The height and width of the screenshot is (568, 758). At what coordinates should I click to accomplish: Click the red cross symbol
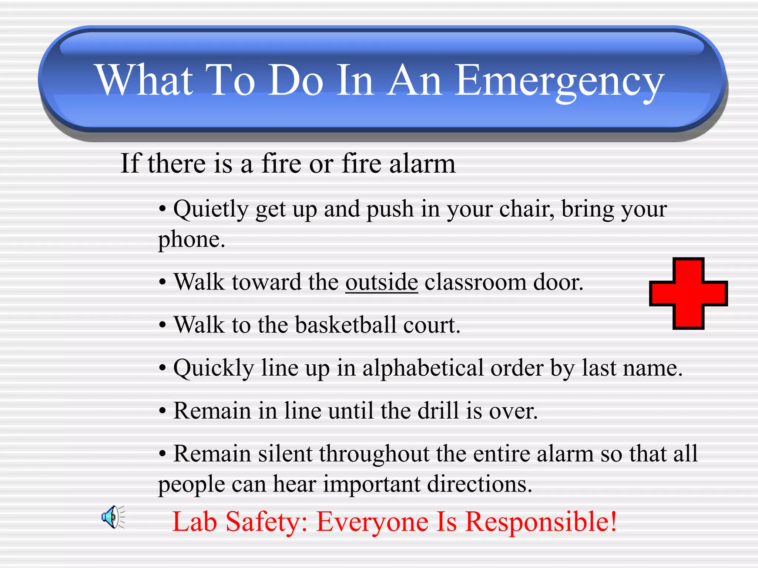point(688,294)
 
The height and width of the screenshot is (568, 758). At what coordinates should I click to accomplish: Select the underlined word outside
point(382,283)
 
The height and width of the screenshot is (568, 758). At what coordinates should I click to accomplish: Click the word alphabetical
point(423,368)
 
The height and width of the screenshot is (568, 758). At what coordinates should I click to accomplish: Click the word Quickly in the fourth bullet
point(214,368)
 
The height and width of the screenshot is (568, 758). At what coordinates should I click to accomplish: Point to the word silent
point(285,454)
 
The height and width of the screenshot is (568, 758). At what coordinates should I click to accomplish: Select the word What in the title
point(145,80)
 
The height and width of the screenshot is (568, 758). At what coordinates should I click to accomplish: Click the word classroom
point(475,283)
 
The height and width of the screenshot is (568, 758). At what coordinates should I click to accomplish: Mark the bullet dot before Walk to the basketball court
point(162,326)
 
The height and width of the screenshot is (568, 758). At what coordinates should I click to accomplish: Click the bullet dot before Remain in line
point(162,411)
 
